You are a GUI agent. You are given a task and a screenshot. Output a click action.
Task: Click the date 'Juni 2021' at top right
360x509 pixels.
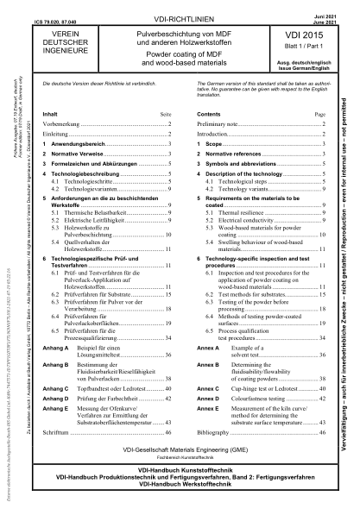(331, 4)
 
